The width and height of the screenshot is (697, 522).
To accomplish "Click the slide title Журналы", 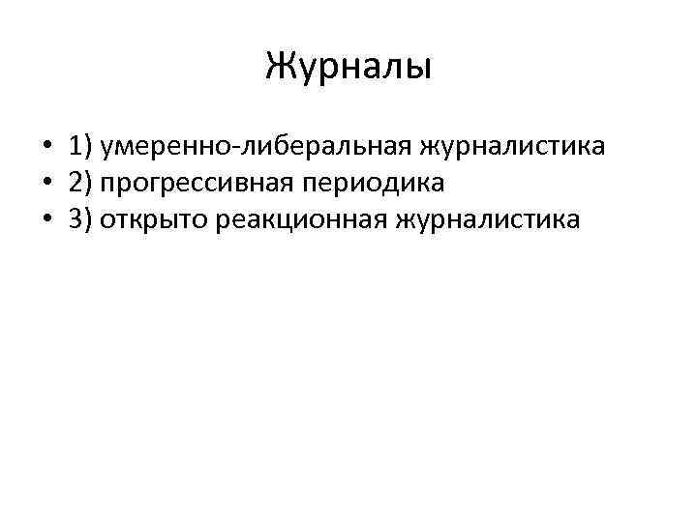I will point(348,68).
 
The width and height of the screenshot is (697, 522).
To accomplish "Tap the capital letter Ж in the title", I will point(281,68).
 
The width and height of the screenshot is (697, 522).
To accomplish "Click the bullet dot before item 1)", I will point(46,148).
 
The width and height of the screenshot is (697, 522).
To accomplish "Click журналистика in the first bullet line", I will point(511,148).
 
